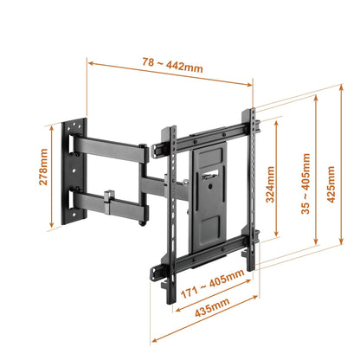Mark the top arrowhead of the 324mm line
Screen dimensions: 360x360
click(276, 120)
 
